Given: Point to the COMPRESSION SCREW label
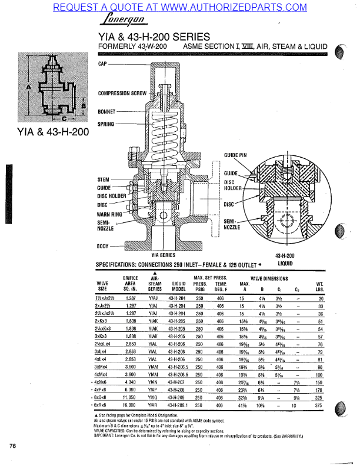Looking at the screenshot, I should (122, 93).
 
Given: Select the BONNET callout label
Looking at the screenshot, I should (106, 111).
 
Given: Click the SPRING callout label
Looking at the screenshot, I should (106, 124).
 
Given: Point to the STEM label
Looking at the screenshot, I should (104, 179).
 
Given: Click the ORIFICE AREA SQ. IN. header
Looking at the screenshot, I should (130, 283).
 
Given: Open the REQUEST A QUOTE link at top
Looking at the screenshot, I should (179, 7).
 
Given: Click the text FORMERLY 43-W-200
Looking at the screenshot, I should (132, 45).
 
